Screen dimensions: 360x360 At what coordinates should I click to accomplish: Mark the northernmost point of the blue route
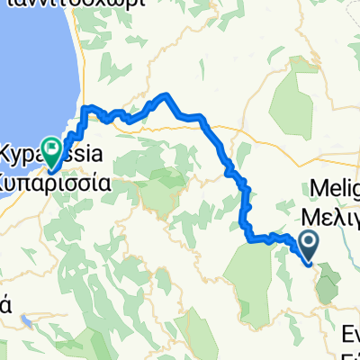[165, 94]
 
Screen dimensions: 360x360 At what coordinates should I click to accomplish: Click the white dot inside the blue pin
[308, 241]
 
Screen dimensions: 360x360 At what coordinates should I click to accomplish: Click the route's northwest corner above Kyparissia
[85, 109]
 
